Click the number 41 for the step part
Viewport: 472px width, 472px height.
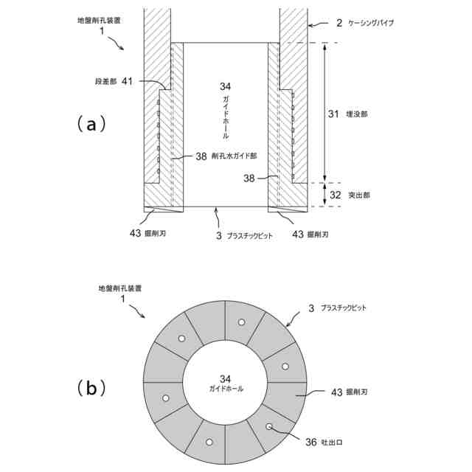coord(127,81)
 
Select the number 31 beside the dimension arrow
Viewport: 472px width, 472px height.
coord(333,114)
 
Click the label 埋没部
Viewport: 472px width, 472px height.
coord(359,114)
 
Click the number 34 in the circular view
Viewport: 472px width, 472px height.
coord(226,378)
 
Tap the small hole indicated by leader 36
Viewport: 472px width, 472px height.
coord(269,426)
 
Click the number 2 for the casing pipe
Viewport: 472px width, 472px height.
coord(339,24)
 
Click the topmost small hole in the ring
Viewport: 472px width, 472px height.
coord(240,322)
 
